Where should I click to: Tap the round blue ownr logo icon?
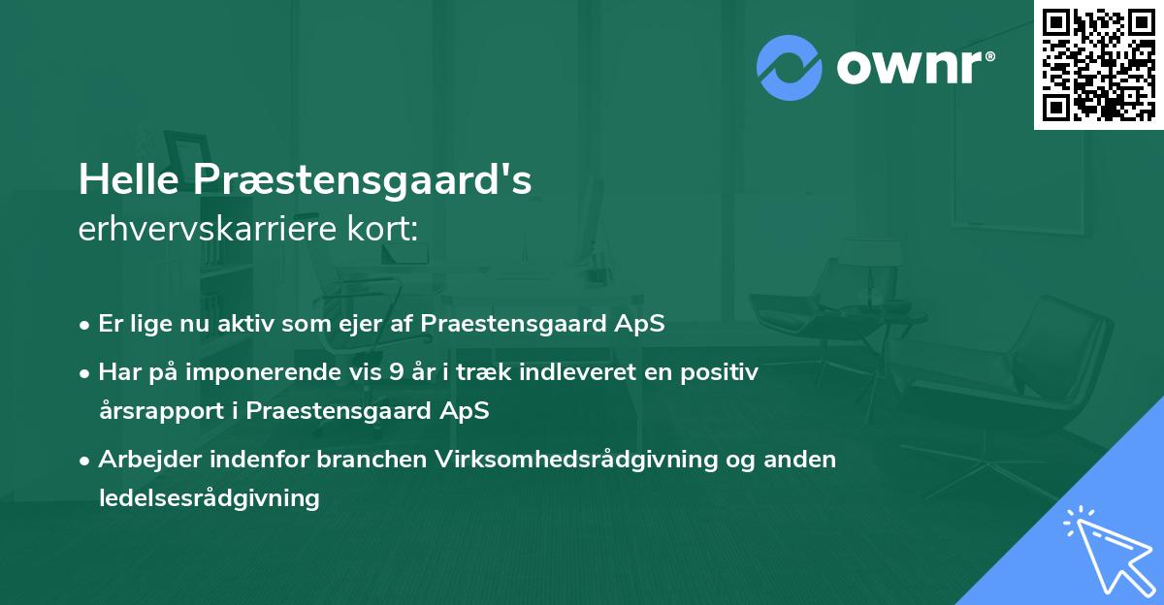pos(790,68)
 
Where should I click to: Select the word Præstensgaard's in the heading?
pos(363,181)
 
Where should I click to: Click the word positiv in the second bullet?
pos(720,371)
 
